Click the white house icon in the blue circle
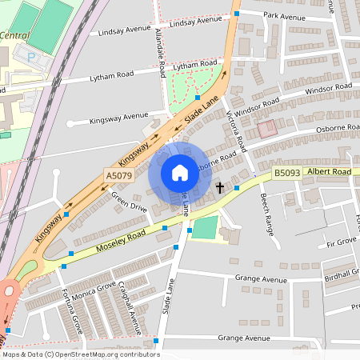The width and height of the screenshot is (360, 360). coord(180,173)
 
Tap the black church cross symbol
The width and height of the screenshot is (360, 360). coord(220,188)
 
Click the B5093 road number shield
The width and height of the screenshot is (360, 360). coord(286,172)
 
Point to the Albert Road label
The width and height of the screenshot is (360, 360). coord(330,171)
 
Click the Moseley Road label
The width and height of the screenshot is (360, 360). coord(119,238)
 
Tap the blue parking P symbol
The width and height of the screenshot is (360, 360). coord(31,58)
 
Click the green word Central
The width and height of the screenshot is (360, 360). coord(15,36)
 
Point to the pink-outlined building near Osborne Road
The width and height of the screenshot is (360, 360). coord(266,127)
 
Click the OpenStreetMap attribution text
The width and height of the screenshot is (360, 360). coord(81,354)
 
